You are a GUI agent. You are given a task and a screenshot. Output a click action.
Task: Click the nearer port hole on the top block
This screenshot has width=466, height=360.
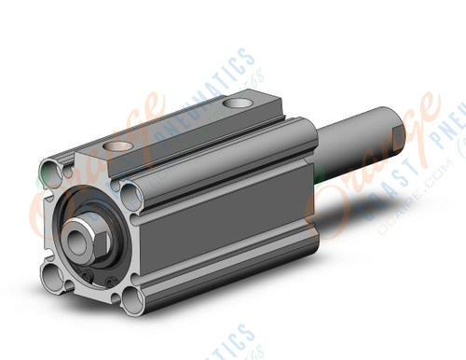[x=119, y=145]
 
